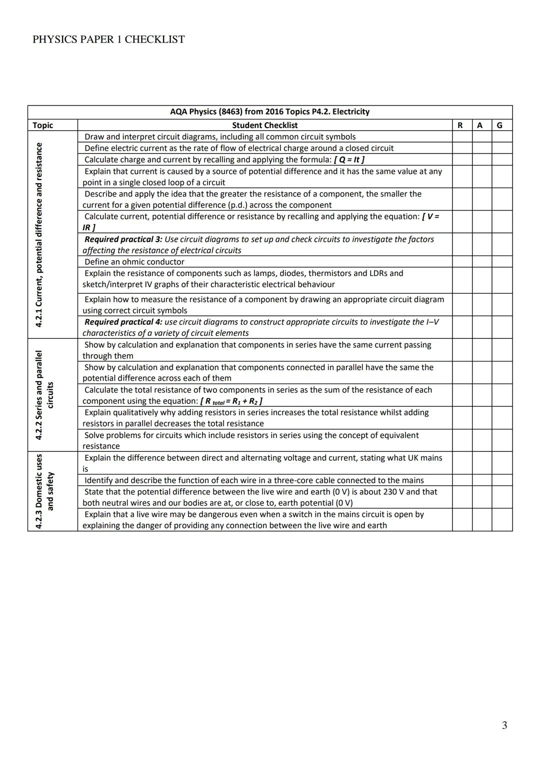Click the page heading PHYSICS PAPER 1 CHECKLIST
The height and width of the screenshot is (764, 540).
(108, 39)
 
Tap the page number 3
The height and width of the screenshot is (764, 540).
(504, 725)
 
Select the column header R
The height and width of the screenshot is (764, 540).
(460, 125)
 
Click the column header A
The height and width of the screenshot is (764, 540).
(480, 125)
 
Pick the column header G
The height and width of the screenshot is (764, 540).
(499, 125)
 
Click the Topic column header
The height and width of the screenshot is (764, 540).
(43, 125)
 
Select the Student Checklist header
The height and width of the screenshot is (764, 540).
(264, 125)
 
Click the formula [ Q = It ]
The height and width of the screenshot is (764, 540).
(349, 159)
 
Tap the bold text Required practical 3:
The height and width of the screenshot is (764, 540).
(123, 239)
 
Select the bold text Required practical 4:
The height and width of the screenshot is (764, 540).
(123, 322)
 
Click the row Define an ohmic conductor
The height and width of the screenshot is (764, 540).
(134, 262)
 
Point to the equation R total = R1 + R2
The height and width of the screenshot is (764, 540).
(231, 401)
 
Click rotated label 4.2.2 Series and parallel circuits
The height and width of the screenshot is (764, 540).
(44, 395)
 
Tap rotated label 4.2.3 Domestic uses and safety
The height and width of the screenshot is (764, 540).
(44, 491)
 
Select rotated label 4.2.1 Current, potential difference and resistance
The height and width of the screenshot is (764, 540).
(39, 234)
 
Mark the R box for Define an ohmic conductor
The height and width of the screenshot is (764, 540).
(462, 261)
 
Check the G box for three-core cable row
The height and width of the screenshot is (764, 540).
(502, 480)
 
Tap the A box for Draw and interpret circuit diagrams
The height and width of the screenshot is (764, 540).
(482, 136)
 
